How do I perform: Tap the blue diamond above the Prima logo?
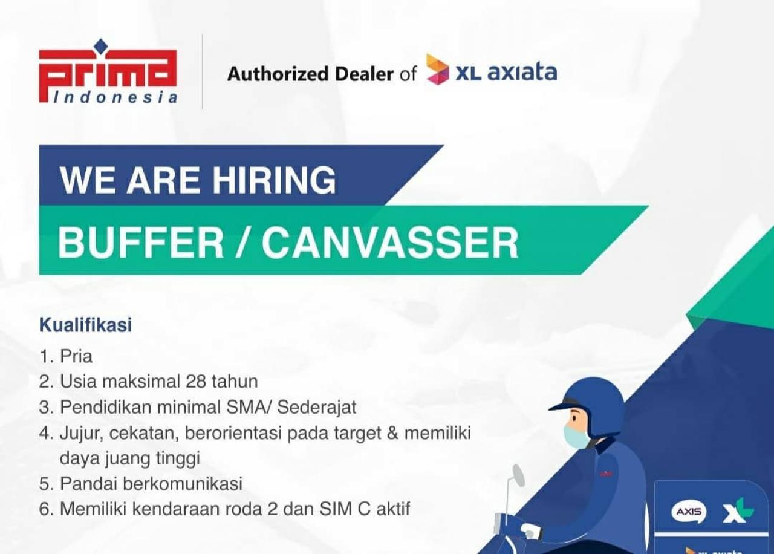pyautogui.click(x=100, y=45)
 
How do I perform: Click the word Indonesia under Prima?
pyautogui.click(x=115, y=97)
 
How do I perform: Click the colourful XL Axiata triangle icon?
pyautogui.click(x=437, y=70)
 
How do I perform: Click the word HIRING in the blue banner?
pyautogui.click(x=274, y=180)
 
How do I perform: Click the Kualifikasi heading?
pyautogui.click(x=86, y=325)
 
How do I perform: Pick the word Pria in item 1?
pyautogui.click(x=76, y=356)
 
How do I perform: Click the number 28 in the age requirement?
pyautogui.click(x=196, y=382)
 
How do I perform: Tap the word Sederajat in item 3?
pyautogui.click(x=316, y=407)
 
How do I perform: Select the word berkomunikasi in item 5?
pyautogui.click(x=183, y=483)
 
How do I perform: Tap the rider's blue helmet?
pyautogui.click(x=591, y=405)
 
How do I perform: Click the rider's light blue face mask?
pyautogui.click(x=576, y=437)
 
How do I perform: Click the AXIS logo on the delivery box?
pyautogui.click(x=689, y=511)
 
